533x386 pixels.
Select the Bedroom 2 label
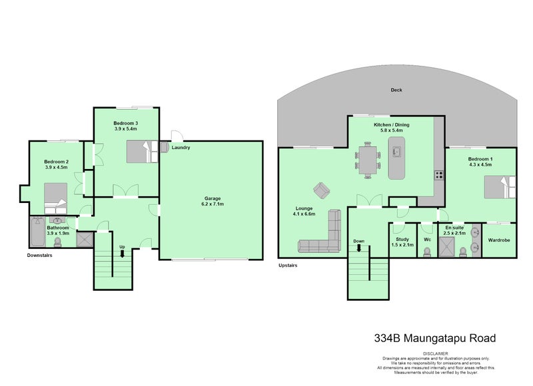coord(56,164)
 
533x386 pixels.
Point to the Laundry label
coord(181,148)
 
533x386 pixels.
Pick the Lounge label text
coord(303,210)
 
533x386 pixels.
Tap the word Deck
coord(396,90)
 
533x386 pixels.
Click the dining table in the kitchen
coord(367,160)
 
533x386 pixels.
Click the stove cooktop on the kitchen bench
coord(440,176)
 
